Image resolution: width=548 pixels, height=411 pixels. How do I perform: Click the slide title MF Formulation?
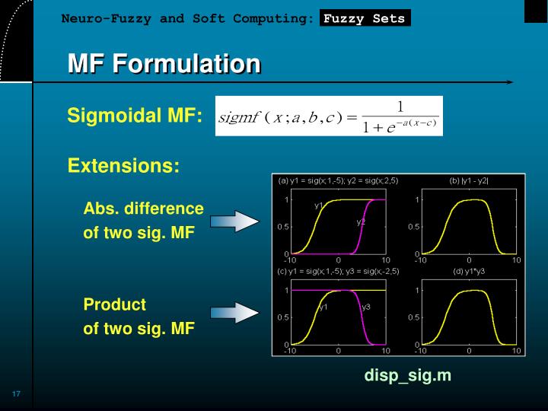(164, 64)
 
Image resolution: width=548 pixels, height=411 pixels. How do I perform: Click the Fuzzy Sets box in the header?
(365, 19)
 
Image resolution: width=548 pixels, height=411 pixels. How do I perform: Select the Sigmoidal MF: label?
(135, 116)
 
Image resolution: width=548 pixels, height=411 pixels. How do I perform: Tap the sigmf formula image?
(328, 116)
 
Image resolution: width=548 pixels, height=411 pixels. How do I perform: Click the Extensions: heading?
(123, 165)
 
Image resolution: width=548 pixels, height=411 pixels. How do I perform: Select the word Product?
(114, 304)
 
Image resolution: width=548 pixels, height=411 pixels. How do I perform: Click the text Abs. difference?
(143, 209)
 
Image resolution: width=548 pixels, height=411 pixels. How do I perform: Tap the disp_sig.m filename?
(407, 375)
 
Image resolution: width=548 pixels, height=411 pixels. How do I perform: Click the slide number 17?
(15, 393)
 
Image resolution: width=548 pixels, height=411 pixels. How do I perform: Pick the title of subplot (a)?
(338, 181)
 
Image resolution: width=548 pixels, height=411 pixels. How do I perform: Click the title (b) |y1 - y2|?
(470, 181)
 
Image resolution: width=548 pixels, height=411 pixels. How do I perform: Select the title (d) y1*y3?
(469, 271)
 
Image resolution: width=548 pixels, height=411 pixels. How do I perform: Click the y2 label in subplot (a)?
(361, 221)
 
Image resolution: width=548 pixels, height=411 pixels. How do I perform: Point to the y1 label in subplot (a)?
(319, 205)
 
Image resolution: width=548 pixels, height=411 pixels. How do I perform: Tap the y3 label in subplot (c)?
(366, 307)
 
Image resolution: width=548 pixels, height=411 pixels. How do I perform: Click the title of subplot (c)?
(339, 271)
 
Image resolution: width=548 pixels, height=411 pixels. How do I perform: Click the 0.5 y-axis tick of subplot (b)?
(413, 227)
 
